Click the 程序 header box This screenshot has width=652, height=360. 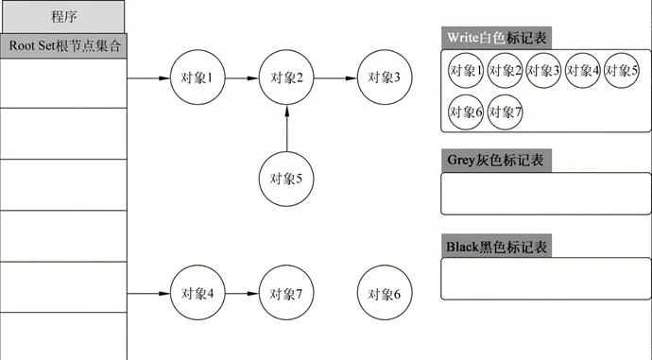point(62,16)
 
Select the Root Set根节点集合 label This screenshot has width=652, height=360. point(63,45)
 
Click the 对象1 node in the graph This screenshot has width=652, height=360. point(197,77)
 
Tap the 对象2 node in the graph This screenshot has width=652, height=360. point(285,77)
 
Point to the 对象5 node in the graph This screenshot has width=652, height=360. point(285,177)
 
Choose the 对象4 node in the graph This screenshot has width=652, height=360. point(197,294)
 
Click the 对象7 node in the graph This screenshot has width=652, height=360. point(285,294)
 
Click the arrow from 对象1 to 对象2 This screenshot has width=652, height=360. point(241,77)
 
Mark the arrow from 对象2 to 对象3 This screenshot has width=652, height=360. point(335,77)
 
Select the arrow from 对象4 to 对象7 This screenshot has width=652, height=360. point(241,294)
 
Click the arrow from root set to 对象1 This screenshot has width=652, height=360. point(148,77)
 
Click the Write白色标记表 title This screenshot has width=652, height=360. point(497,38)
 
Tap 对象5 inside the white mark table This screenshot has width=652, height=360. point(622,71)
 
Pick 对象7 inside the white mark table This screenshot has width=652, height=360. point(506,111)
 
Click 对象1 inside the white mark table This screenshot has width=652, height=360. point(467,71)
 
